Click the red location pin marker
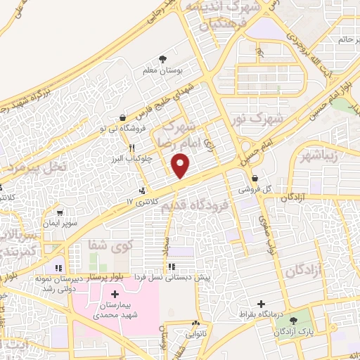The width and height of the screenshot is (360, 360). pyautogui.click(x=181, y=167)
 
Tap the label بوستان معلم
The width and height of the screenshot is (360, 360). pyautogui.click(x=164, y=70)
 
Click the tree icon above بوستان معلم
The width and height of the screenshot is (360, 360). pyautogui.click(x=164, y=59)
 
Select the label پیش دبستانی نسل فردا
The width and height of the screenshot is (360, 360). pyautogui.click(x=173, y=277)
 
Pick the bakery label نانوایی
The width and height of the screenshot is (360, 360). pyautogui.click(x=196, y=335)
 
